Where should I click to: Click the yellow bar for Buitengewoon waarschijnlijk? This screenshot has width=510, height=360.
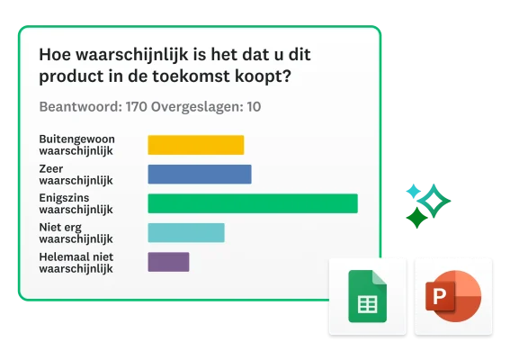195,145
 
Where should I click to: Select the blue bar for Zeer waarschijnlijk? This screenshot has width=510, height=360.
199,174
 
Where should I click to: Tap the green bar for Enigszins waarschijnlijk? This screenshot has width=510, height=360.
252,203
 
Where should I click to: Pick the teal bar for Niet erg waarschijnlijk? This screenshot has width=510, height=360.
185,233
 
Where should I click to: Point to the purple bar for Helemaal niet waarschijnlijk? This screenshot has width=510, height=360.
168,262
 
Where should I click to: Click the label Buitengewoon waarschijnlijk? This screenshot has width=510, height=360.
76,145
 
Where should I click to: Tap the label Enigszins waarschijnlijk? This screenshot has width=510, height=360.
76,203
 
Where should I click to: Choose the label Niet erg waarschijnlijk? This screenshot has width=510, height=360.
76,233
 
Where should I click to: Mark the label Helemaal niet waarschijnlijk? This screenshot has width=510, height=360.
76,262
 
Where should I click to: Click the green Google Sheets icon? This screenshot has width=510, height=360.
366,296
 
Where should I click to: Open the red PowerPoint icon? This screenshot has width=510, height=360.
453,296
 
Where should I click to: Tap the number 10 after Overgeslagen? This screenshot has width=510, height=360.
254,107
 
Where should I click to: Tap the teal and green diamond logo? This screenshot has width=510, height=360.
425,204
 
